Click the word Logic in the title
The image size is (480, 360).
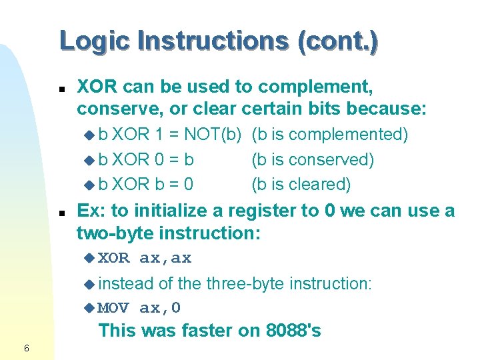pyautogui.click(x=95, y=41)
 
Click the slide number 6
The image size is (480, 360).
pyautogui.click(x=26, y=347)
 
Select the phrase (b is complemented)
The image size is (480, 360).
pyautogui.click(x=329, y=135)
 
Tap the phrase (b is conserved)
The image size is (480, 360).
pyautogui.click(x=313, y=159)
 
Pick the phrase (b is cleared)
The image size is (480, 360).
pyautogui.click(x=301, y=184)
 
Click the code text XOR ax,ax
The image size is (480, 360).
pyautogui.click(x=145, y=258)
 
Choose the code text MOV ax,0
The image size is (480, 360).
pyautogui.click(x=139, y=307)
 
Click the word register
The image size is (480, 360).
pyautogui.click(x=263, y=211)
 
